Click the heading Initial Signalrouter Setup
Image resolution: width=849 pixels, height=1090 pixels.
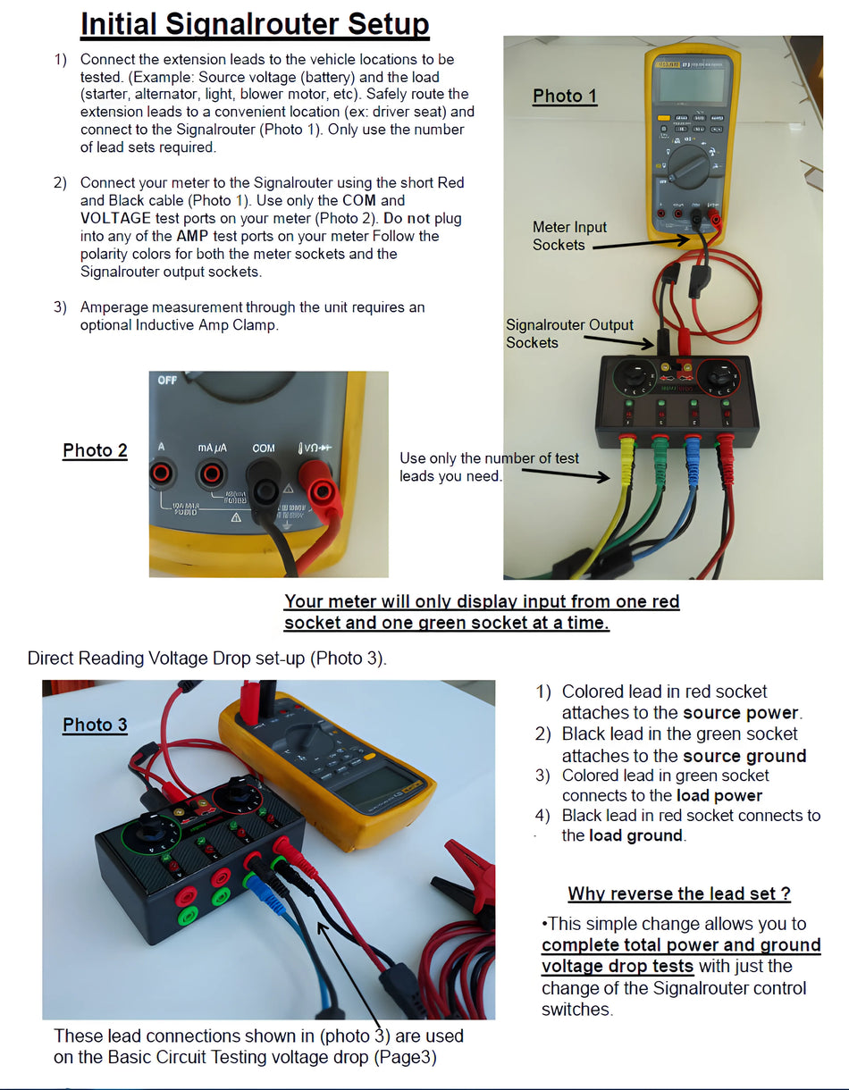(255, 24)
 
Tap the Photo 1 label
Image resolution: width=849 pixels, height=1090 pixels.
(565, 96)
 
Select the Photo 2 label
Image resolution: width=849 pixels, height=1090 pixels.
(95, 450)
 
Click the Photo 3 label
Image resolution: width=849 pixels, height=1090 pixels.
(95, 725)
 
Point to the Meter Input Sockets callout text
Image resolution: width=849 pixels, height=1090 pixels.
(569, 236)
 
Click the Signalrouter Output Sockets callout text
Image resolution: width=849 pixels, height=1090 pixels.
(569, 333)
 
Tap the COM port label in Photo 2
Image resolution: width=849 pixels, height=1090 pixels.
(264, 448)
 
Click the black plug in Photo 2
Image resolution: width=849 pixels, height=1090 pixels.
(266, 490)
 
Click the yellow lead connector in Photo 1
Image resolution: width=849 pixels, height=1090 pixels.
(626, 447)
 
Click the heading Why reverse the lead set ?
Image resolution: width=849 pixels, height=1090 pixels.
(679, 893)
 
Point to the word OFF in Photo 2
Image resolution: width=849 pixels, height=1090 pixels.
(167, 381)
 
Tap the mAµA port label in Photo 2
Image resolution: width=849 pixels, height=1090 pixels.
(213, 447)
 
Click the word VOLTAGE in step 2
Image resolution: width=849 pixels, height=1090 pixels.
(115, 218)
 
